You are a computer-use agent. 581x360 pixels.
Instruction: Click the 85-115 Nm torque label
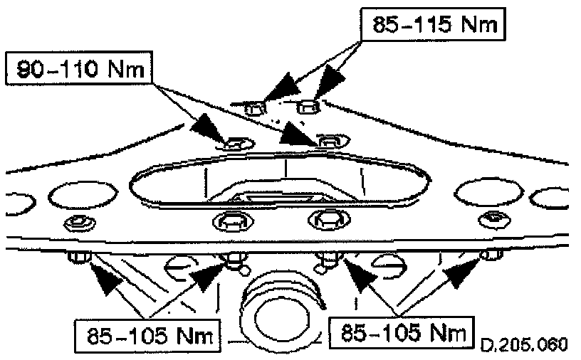[x=431, y=25]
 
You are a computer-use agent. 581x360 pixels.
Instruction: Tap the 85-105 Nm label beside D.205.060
[x=402, y=332]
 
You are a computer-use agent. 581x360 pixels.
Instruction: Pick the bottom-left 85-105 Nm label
[x=146, y=332]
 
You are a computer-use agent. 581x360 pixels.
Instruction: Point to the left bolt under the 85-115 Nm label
[x=256, y=108]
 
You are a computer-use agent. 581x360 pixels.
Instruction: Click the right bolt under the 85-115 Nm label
[x=307, y=107]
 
